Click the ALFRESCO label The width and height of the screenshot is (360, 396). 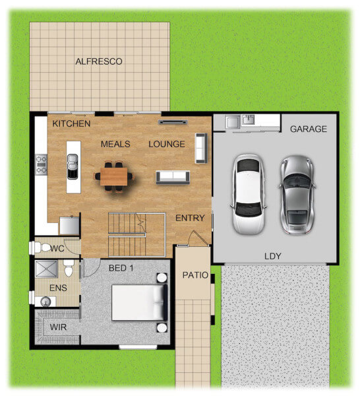click(x=99, y=61)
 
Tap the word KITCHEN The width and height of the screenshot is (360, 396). click(x=71, y=123)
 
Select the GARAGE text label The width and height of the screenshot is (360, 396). click(x=309, y=129)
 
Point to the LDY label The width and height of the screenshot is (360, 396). click(x=272, y=256)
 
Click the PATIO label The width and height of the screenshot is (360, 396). click(x=195, y=275)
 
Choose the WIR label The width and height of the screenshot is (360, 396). click(x=58, y=327)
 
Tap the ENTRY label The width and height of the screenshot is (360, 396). click(x=190, y=218)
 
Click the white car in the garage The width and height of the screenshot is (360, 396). click(x=249, y=194)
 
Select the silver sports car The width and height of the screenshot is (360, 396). click(x=297, y=195)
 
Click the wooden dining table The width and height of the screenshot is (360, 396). click(x=114, y=176)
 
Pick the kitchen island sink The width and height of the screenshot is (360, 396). click(x=73, y=167)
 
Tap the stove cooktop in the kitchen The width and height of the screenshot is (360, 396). click(x=41, y=164)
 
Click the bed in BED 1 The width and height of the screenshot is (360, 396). click(x=140, y=302)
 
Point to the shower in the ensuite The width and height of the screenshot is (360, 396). click(x=46, y=269)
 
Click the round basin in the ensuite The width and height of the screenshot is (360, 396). click(x=45, y=302)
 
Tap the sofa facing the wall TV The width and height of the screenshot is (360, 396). click(x=173, y=178)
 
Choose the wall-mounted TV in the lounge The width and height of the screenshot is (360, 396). click(x=173, y=122)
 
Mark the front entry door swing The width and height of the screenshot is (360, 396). click(x=199, y=238)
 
